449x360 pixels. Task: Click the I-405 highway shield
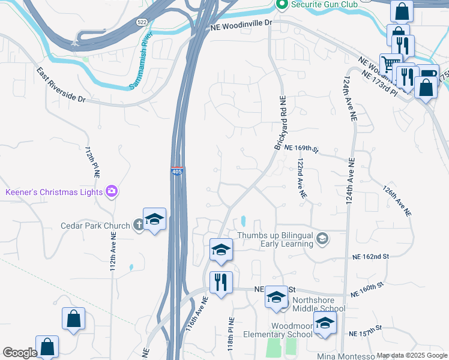click(x=177, y=171)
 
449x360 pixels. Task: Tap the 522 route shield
click(x=142, y=22)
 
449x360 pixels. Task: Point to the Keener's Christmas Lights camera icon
click(x=111, y=192)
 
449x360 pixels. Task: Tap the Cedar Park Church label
click(x=95, y=226)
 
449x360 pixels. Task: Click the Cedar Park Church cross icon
click(x=138, y=226)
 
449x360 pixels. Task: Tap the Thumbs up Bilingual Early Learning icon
click(x=322, y=239)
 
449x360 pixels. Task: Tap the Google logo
click(x=20, y=353)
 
